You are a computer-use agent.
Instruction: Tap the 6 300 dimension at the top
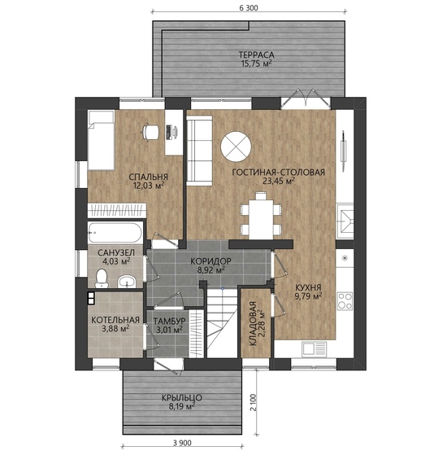249,8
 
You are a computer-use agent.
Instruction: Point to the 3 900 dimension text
182,443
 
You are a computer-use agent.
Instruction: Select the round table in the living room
236,147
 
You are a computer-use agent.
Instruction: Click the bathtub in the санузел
115,232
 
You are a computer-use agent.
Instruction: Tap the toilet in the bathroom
102,278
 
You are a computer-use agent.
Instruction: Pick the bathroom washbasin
127,282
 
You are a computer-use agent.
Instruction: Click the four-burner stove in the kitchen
345,301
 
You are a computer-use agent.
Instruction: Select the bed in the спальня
102,140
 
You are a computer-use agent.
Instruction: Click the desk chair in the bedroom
150,132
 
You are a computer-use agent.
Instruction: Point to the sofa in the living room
200,151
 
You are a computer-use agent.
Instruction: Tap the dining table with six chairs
261,216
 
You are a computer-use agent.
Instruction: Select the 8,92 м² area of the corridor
210,270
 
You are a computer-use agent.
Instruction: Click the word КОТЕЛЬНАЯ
115,320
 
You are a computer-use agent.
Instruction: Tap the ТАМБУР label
169,321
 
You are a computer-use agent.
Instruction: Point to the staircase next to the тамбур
222,323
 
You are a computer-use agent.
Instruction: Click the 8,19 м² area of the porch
181,406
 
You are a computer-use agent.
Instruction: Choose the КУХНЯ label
308,287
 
